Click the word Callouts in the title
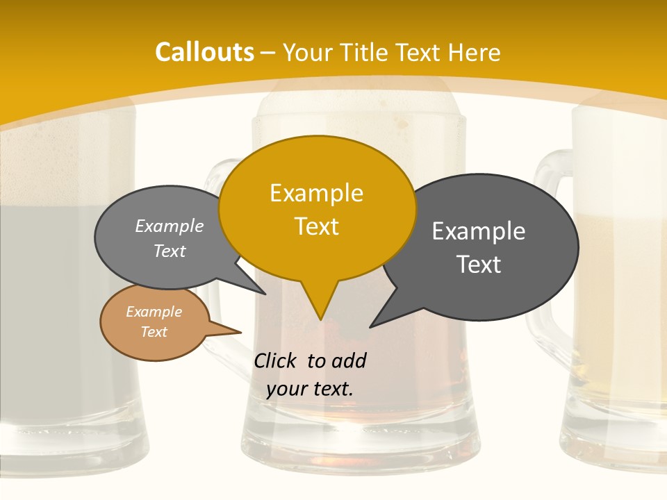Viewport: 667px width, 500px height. [204, 52]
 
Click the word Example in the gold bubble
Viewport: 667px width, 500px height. [316, 193]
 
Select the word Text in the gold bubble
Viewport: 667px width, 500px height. [317, 226]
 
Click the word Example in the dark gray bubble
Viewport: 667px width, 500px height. [479, 231]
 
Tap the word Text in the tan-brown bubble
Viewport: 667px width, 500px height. [154, 332]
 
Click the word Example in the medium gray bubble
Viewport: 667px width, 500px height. [169, 226]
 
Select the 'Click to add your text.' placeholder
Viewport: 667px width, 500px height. [310, 374]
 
